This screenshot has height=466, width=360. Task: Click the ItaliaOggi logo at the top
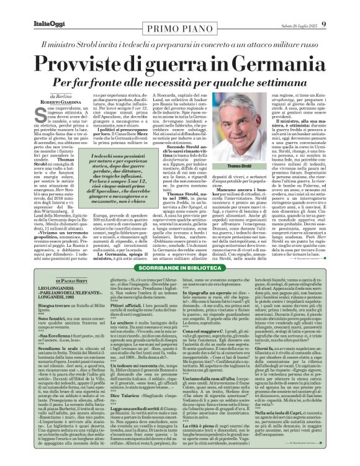point(27,7)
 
